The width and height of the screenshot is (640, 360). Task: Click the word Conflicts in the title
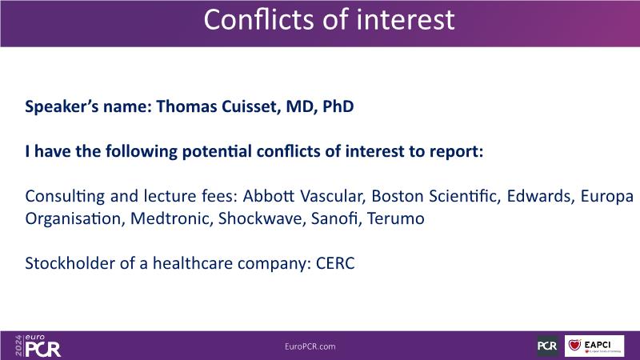point(259,19)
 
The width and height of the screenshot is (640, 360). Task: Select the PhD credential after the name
point(338,106)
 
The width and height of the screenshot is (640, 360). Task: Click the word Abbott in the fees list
point(269,196)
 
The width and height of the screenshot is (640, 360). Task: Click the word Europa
point(607,196)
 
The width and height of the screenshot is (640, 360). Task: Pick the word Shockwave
point(262,218)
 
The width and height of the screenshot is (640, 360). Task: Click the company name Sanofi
point(336,218)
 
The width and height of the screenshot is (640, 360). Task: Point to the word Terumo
point(396,218)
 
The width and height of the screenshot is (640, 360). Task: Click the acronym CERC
point(335,263)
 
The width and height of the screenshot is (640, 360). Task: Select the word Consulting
point(65,196)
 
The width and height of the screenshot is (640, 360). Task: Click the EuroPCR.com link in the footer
point(310,346)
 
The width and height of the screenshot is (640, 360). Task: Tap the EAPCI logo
point(594,346)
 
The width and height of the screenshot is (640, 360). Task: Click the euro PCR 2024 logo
point(38,346)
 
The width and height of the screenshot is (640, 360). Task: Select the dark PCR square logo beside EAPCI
point(547,346)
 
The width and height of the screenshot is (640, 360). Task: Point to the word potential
point(217,151)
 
